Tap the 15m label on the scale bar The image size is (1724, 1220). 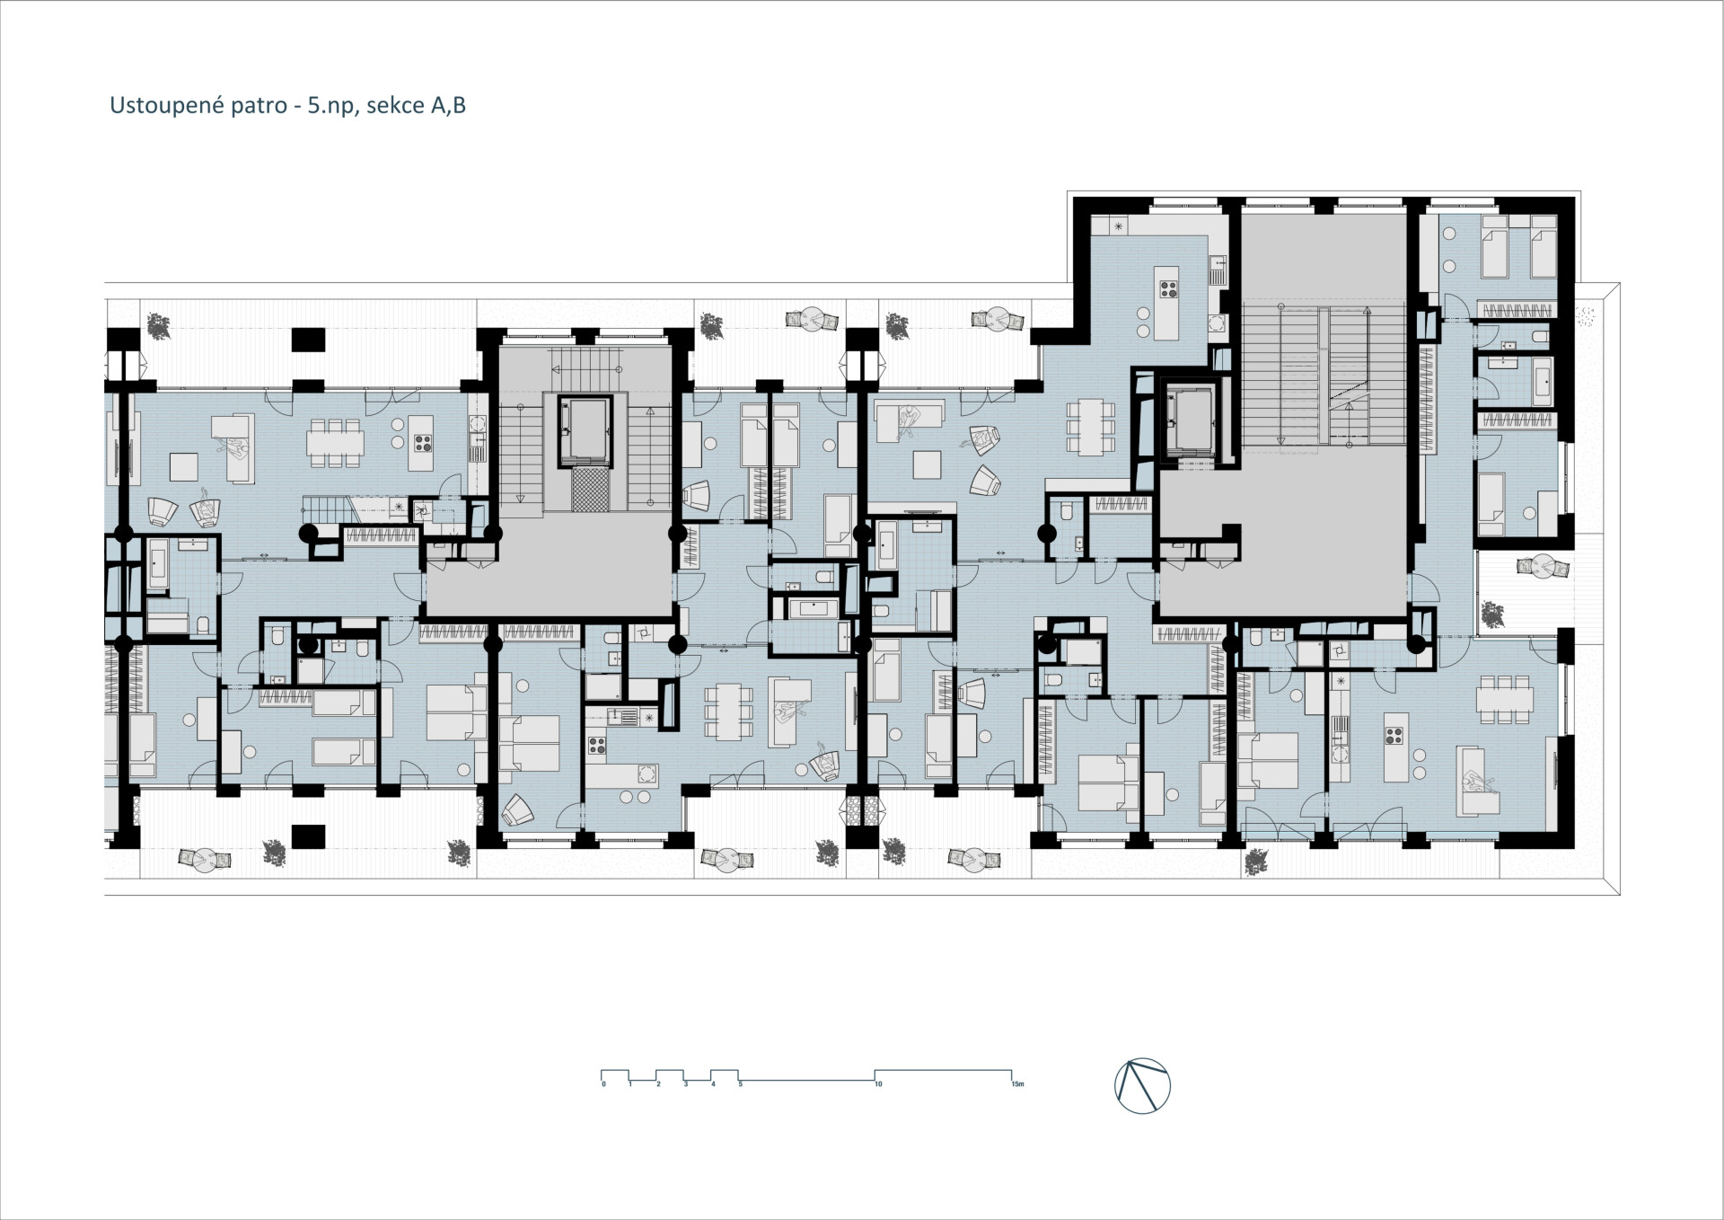coord(1017,1084)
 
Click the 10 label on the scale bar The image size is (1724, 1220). coord(878,1084)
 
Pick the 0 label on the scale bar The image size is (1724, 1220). coord(604,1084)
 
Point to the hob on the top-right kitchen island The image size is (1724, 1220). coord(1170,289)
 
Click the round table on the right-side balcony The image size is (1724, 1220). coord(1544,567)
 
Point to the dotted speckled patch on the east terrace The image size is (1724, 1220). coord(1588,314)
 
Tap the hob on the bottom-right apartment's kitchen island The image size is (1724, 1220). coord(1394,736)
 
